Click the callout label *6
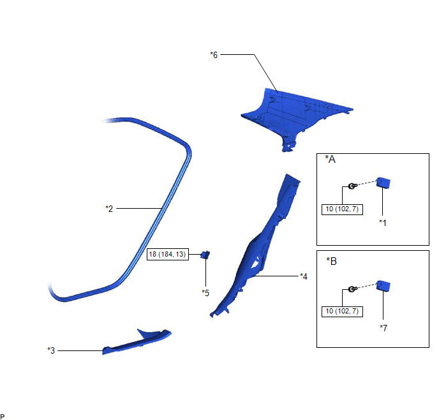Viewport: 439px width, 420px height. click(x=214, y=55)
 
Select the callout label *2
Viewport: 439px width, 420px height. click(x=108, y=208)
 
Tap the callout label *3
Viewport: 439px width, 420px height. click(x=51, y=350)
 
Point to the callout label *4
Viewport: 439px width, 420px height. click(x=304, y=276)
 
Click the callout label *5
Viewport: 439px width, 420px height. click(x=205, y=293)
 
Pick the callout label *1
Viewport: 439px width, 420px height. click(x=383, y=222)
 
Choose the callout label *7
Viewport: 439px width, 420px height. click(x=383, y=327)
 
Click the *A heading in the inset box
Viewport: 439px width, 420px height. click(x=331, y=160)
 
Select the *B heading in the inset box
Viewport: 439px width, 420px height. click(x=331, y=261)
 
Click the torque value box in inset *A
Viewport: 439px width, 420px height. click(x=342, y=209)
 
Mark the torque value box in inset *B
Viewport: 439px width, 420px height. click(x=342, y=311)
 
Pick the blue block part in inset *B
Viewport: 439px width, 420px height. click(x=383, y=286)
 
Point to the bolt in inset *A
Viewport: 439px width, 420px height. click(x=352, y=186)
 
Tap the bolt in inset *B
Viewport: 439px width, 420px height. click(x=352, y=290)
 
